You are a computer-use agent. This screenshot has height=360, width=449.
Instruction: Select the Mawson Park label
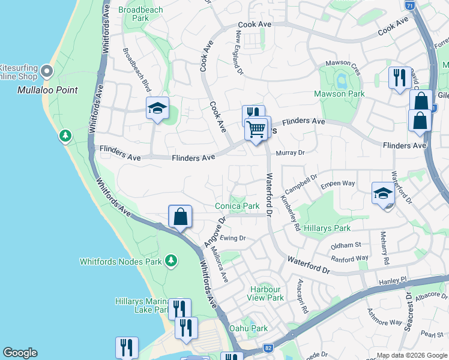point(339,94)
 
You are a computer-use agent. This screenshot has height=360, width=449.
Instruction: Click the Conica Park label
point(237,206)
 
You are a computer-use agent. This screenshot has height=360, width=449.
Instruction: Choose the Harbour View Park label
point(266,293)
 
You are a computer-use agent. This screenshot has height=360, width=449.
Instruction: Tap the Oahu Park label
point(249,328)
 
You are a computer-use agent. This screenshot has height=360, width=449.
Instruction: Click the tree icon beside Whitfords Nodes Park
point(172,260)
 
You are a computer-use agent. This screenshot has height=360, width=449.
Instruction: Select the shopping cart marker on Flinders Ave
point(256,128)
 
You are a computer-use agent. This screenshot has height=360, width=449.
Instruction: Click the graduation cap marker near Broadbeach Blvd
point(157,108)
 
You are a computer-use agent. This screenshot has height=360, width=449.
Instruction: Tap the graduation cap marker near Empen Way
point(382,193)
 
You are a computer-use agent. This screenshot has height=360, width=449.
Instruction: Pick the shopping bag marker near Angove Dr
point(180,217)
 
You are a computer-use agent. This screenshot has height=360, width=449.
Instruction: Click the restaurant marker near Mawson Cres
point(399,77)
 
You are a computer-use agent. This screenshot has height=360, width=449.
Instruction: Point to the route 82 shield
point(268,349)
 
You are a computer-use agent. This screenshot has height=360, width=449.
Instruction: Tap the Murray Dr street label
point(291,153)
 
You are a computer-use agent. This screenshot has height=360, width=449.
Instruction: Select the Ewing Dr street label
point(233,238)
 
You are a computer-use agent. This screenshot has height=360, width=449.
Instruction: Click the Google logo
point(20,353)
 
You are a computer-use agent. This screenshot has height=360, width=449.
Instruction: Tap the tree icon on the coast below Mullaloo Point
point(65,136)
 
